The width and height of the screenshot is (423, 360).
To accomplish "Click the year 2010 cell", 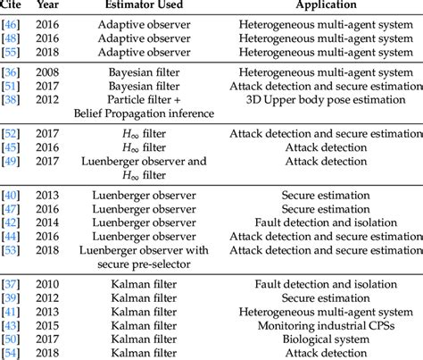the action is point(52,284).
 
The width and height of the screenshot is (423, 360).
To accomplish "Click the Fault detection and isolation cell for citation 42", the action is point(329,222).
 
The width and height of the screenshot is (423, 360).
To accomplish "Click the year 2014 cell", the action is point(52,222).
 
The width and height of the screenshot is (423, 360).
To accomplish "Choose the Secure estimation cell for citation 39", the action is point(329,297).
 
